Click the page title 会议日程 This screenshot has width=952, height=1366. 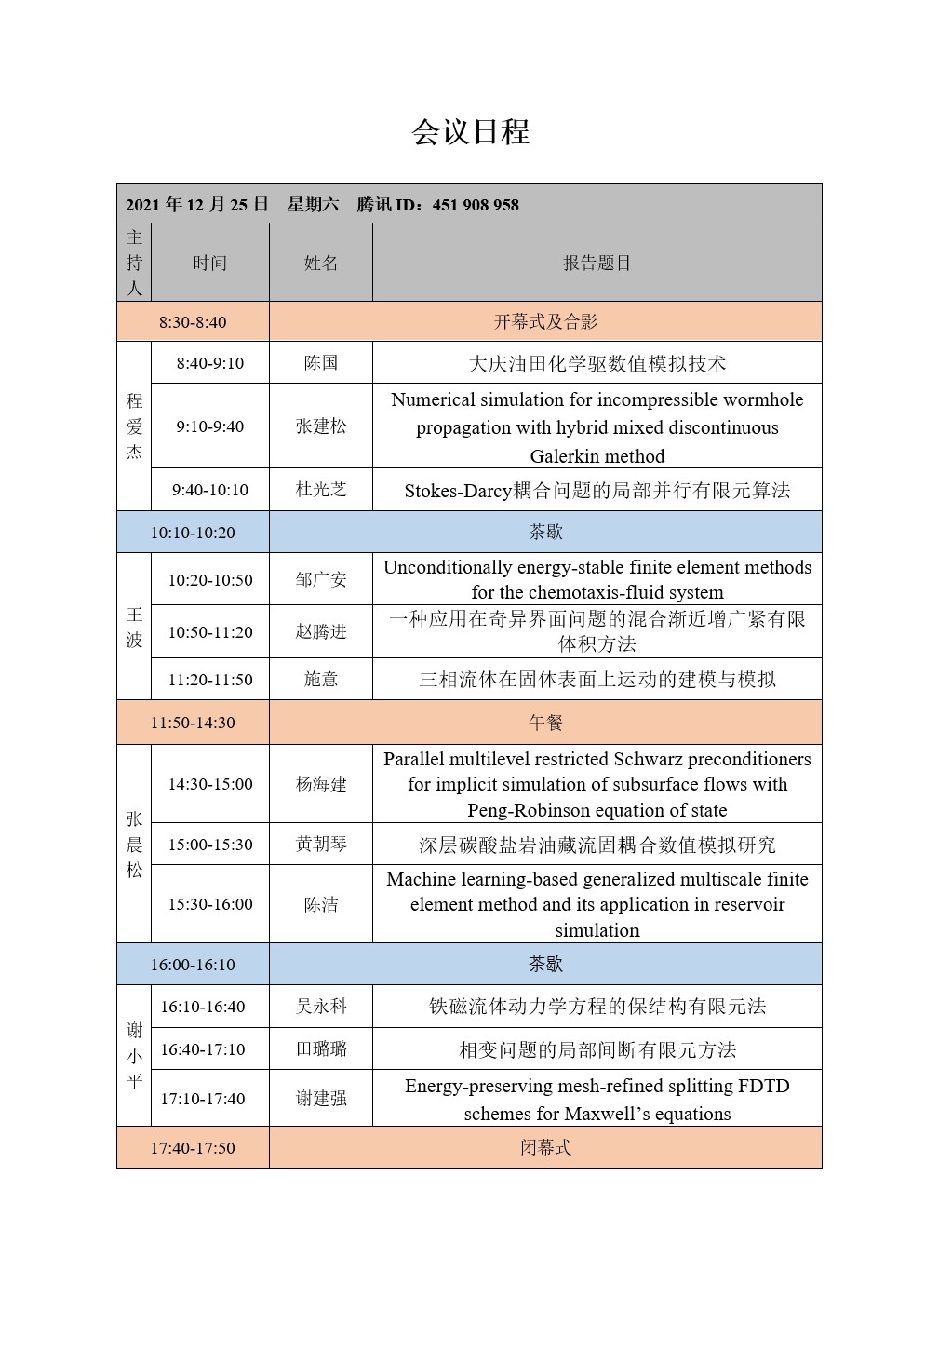click(x=471, y=132)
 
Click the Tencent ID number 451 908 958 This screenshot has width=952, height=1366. click(x=476, y=205)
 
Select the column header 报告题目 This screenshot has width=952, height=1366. click(x=597, y=264)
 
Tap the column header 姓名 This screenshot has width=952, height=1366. click(x=321, y=264)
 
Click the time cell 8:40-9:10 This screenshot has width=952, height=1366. click(x=209, y=363)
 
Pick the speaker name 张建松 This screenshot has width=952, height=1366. click(x=321, y=426)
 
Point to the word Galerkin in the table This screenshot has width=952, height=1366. click(x=564, y=456)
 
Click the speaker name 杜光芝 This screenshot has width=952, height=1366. click(x=321, y=490)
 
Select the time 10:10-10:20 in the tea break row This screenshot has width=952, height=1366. click(x=193, y=533)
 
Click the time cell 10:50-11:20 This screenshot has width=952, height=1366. click(x=209, y=632)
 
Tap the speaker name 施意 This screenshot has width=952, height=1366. click(x=321, y=680)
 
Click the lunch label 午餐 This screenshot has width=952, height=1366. click(x=545, y=723)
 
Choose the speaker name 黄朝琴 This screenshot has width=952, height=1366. click(x=321, y=845)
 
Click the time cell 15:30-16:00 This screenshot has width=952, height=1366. click(x=209, y=904)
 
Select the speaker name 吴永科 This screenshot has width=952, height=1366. click(x=321, y=1007)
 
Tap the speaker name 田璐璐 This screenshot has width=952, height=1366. click(x=321, y=1049)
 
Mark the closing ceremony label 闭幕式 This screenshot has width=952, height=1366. click(x=545, y=1148)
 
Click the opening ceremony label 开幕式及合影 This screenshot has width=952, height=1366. click(x=545, y=322)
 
